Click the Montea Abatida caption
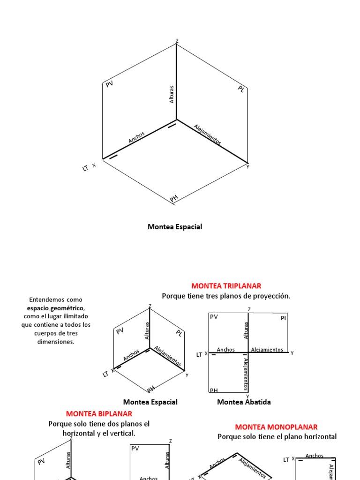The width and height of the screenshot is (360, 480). tap(244, 402)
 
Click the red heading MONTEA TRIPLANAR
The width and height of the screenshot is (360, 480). tap(226, 285)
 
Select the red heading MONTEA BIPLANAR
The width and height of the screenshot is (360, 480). tap(99, 413)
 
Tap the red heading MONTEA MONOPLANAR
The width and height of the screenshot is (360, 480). tap(276, 427)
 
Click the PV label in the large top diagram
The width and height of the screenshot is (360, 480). tap(110, 84)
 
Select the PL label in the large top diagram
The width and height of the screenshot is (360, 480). tap(241, 89)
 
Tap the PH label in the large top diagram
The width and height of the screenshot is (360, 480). tap(174, 199)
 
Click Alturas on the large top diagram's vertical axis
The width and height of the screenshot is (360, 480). tap(172, 94)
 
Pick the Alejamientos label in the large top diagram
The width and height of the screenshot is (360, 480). tap(207, 135)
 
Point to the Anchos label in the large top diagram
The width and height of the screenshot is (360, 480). tap(136, 137)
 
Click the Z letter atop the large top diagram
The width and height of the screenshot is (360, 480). tap(177, 41)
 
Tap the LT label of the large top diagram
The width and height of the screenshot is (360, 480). tap(85, 168)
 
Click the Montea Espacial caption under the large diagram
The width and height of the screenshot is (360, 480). tap(175, 227)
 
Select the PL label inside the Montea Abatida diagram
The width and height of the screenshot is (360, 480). tap(284, 318)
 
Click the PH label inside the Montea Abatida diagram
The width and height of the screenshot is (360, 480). tap(214, 390)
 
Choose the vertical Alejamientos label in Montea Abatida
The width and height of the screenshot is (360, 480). tap(245, 373)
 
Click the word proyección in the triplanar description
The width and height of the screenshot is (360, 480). tap(272, 296)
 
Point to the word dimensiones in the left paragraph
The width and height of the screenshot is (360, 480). tap(56, 342)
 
